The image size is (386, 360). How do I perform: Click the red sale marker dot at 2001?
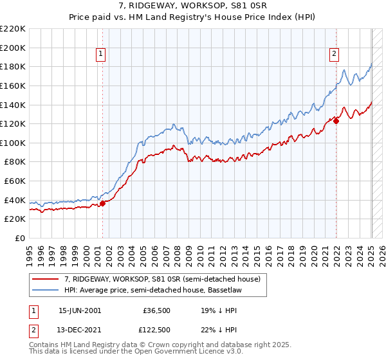point(102,204)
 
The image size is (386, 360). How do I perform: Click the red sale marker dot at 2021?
point(336,121)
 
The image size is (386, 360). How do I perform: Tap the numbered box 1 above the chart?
point(102,55)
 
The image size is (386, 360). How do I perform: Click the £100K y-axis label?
point(13,143)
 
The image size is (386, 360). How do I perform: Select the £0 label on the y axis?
point(19,239)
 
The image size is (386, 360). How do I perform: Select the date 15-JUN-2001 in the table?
point(79,310)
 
